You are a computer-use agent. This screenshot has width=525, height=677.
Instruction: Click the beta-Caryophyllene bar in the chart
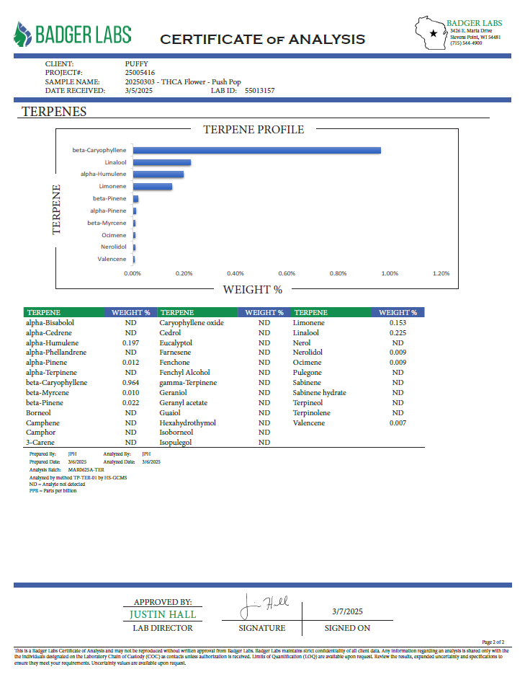pos(256,150)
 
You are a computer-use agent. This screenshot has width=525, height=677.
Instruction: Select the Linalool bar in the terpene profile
pos(161,162)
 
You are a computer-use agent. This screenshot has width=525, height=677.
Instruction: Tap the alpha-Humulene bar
pos(158,174)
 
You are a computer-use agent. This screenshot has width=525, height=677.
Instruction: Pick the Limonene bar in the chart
pos(152,187)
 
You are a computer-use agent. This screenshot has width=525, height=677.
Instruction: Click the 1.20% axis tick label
pos(441,273)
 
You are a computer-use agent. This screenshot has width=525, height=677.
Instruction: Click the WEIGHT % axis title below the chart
pos(252,290)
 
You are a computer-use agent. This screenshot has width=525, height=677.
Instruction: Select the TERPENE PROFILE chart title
pos(253,130)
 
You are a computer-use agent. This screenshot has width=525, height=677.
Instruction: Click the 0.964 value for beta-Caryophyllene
pos(130,383)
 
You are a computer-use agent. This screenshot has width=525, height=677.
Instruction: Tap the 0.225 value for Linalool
pos(398,333)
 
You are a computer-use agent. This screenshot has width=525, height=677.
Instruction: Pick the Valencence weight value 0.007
pos(398,423)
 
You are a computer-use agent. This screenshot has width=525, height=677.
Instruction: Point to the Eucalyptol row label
pos(176,343)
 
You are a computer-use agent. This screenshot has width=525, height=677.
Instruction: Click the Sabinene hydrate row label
pos(319,393)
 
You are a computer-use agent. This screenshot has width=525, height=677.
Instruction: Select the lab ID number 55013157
pos(260,91)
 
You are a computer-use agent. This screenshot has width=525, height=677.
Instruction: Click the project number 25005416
pos(140,73)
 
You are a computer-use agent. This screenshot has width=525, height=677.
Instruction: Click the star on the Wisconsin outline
pos(433,33)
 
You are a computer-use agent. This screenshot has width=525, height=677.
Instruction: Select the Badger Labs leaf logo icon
pos(22,34)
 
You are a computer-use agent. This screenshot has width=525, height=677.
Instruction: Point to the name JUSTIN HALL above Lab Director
pos(163,615)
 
